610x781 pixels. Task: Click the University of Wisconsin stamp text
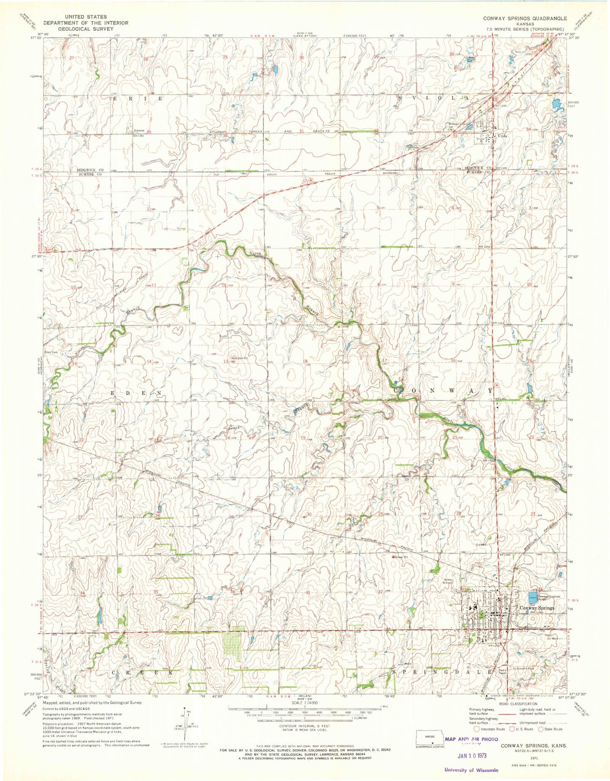[471, 770]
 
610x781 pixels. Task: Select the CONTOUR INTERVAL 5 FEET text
[304, 725]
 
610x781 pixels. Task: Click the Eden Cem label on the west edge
[51, 351]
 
